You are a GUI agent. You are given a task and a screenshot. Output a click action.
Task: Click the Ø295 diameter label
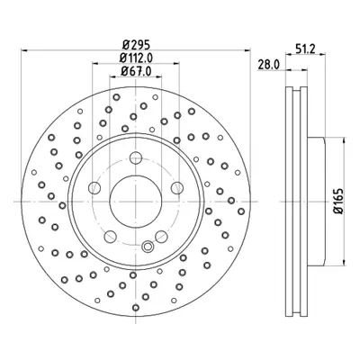[136, 45]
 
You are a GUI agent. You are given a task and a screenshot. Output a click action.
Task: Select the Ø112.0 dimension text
[136, 58]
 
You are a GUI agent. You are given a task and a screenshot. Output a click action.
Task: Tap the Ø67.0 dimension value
[136, 71]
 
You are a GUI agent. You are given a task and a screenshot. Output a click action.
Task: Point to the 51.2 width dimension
[305, 49]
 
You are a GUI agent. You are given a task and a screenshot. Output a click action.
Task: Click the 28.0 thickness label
[269, 65]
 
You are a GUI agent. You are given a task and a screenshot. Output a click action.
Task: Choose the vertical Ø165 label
[338, 201]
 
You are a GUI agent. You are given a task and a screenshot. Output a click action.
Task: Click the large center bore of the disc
[136, 202]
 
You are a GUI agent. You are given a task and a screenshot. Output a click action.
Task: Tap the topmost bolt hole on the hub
[136, 157]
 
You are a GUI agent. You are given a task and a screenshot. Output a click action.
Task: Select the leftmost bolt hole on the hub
[94, 188]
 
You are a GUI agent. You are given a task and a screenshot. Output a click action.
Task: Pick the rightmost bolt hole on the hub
[177, 188]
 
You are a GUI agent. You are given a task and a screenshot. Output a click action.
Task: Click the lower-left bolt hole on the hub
[111, 237]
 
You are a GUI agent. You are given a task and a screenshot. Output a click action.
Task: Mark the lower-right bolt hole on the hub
[161, 237]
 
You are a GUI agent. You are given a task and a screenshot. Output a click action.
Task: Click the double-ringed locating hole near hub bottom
[148, 247]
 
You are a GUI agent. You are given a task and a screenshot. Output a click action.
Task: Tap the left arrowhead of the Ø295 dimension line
[24, 50]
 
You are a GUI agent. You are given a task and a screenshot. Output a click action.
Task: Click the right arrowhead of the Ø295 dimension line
[247, 50]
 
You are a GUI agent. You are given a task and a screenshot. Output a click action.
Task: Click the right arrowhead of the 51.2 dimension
[322, 54]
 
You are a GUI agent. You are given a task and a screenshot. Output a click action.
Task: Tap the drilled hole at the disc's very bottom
[136, 308]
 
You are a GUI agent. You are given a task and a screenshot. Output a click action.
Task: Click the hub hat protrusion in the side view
[316, 202]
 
